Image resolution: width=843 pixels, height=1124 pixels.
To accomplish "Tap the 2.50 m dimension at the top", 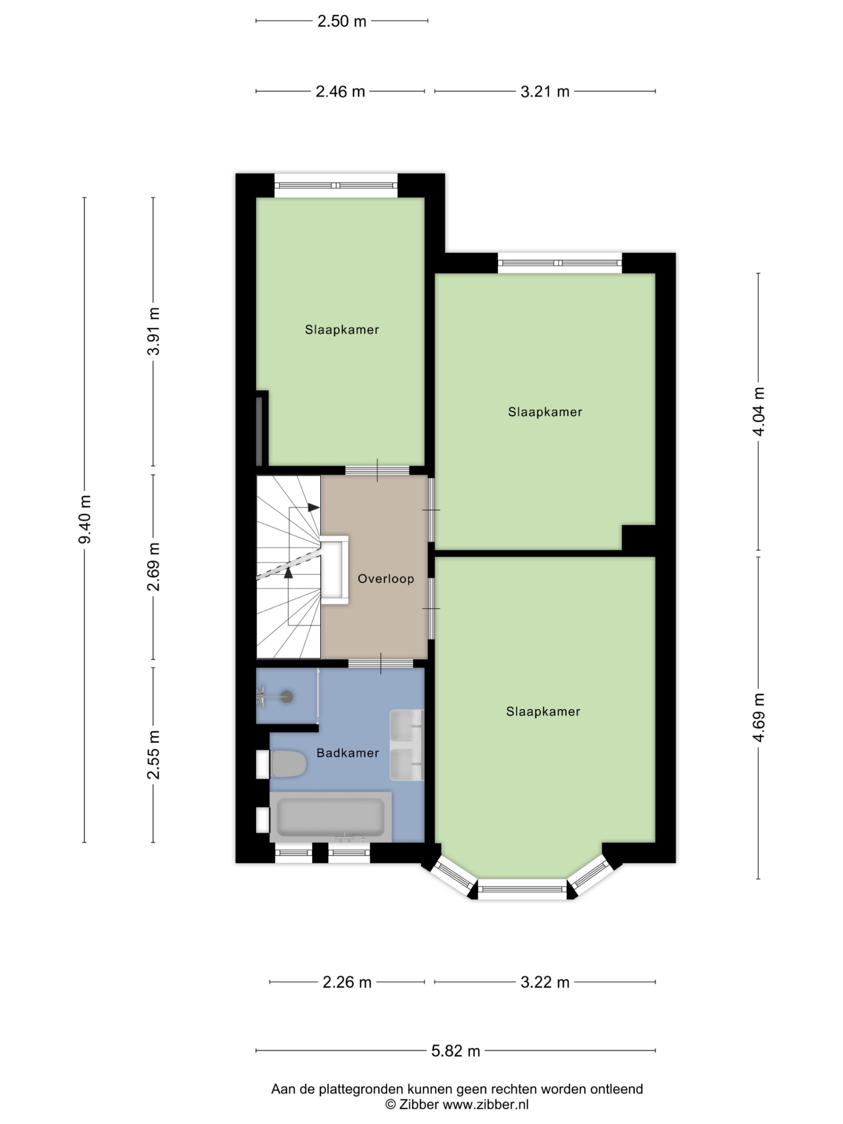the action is pyautogui.click(x=342, y=21).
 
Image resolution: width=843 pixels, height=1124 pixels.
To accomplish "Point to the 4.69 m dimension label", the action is pyautogui.click(x=759, y=717).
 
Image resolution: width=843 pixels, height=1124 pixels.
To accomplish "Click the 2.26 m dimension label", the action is pyautogui.click(x=347, y=982).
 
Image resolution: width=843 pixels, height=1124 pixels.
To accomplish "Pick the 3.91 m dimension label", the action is pyautogui.click(x=153, y=331).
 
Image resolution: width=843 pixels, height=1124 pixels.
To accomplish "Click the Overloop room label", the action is pyautogui.click(x=386, y=578).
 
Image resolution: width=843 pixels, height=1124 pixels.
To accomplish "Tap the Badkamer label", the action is pyautogui.click(x=348, y=753).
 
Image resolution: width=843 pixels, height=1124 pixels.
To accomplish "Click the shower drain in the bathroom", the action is pyautogui.click(x=287, y=697).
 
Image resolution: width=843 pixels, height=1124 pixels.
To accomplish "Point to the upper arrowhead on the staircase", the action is pyautogui.click(x=314, y=507).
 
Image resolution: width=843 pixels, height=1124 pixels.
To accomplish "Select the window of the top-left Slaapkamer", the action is pyautogui.click(x=336, y=185).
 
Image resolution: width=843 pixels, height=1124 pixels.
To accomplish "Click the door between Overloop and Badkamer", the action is pyautogui.click(x=381, y=663).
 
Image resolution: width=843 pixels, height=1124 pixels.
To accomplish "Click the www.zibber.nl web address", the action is pyautogui.click(x=486, y=1104).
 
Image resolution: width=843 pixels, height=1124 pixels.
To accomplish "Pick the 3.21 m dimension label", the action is pyautogui.click(x=545, y=91).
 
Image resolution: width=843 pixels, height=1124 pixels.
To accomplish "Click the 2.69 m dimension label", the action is pyautogui.click(x=153, y=566).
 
